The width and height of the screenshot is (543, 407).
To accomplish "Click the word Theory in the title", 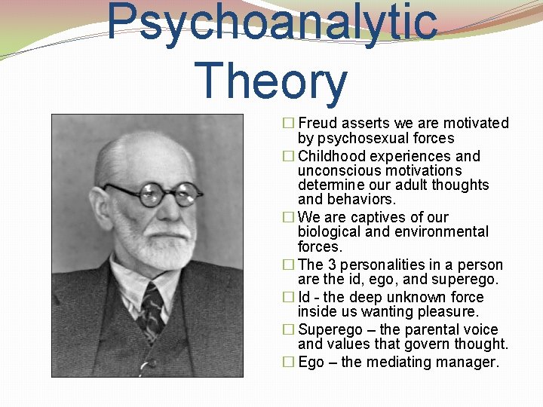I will [271, 81].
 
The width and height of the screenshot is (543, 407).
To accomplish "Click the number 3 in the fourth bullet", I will [333, 265].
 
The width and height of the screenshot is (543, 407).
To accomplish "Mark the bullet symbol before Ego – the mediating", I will [288, 363].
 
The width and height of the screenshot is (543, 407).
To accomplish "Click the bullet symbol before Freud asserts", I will [288, 124].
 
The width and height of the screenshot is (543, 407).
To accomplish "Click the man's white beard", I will [155, 241].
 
